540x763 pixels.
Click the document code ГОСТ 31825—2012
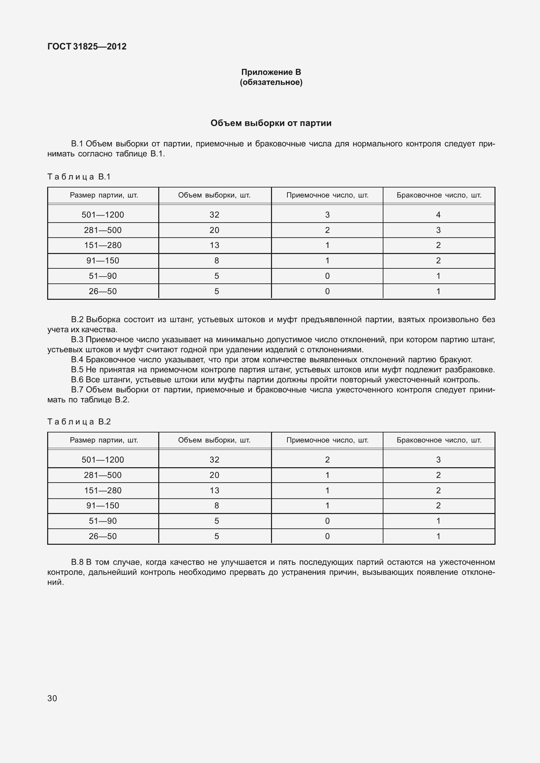[x=87, y=46]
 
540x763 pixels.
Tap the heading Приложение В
[x=271, y=72]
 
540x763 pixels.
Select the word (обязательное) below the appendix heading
[x=271, y=82]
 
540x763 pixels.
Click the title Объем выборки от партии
[x=271, y=123]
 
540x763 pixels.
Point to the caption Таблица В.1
[x=79, y=177]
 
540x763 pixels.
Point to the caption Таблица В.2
[x=79, y=422]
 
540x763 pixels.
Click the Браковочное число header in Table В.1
[x=439, y=195]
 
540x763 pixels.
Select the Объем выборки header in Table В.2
[x=214, y=440]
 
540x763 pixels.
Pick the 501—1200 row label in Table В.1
[x=103, y=215]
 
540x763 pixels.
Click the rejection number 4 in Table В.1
[x=438, y=215]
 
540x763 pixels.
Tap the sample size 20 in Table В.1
[x=214, y=230]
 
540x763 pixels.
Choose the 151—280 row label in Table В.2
[x=103, y=491]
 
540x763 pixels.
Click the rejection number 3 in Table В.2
[x=438, y=460]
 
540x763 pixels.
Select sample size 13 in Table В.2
[x=214, y=491]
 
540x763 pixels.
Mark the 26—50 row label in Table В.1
[x=103, y=291]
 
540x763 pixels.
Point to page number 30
[x=52, y=698]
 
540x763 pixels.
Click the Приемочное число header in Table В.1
[x=327, y=195]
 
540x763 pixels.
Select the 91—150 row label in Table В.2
[x=103, y=506]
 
